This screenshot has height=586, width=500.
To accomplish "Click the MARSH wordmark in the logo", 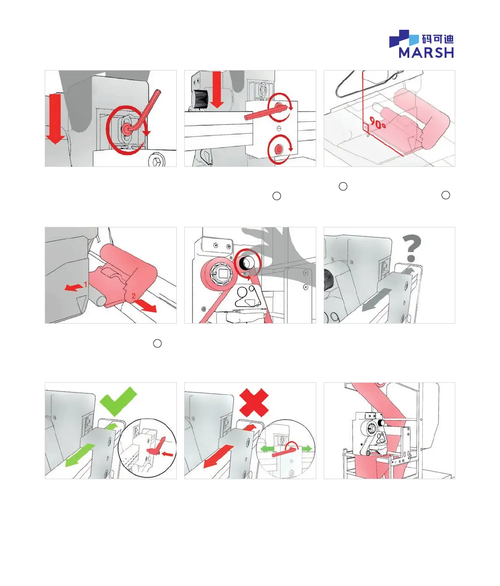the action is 426,53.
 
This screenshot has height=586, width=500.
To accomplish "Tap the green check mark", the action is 119,402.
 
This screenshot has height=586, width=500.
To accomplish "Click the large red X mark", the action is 254,402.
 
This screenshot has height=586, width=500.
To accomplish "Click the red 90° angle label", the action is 378,123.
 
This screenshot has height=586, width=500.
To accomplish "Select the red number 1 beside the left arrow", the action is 86,284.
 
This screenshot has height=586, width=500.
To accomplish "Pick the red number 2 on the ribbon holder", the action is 133,296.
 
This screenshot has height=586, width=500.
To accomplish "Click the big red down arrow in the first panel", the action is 55,119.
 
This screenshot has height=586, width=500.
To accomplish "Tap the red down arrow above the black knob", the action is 217,90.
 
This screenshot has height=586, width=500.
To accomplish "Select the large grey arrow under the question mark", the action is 377,300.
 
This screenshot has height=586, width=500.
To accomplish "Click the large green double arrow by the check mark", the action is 80,455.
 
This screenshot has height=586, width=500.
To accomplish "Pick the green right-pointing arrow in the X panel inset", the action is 307,448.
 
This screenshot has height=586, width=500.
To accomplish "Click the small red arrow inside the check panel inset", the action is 168,454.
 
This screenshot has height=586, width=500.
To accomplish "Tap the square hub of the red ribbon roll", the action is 222,273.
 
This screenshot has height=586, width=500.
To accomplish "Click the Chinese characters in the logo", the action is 438,39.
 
